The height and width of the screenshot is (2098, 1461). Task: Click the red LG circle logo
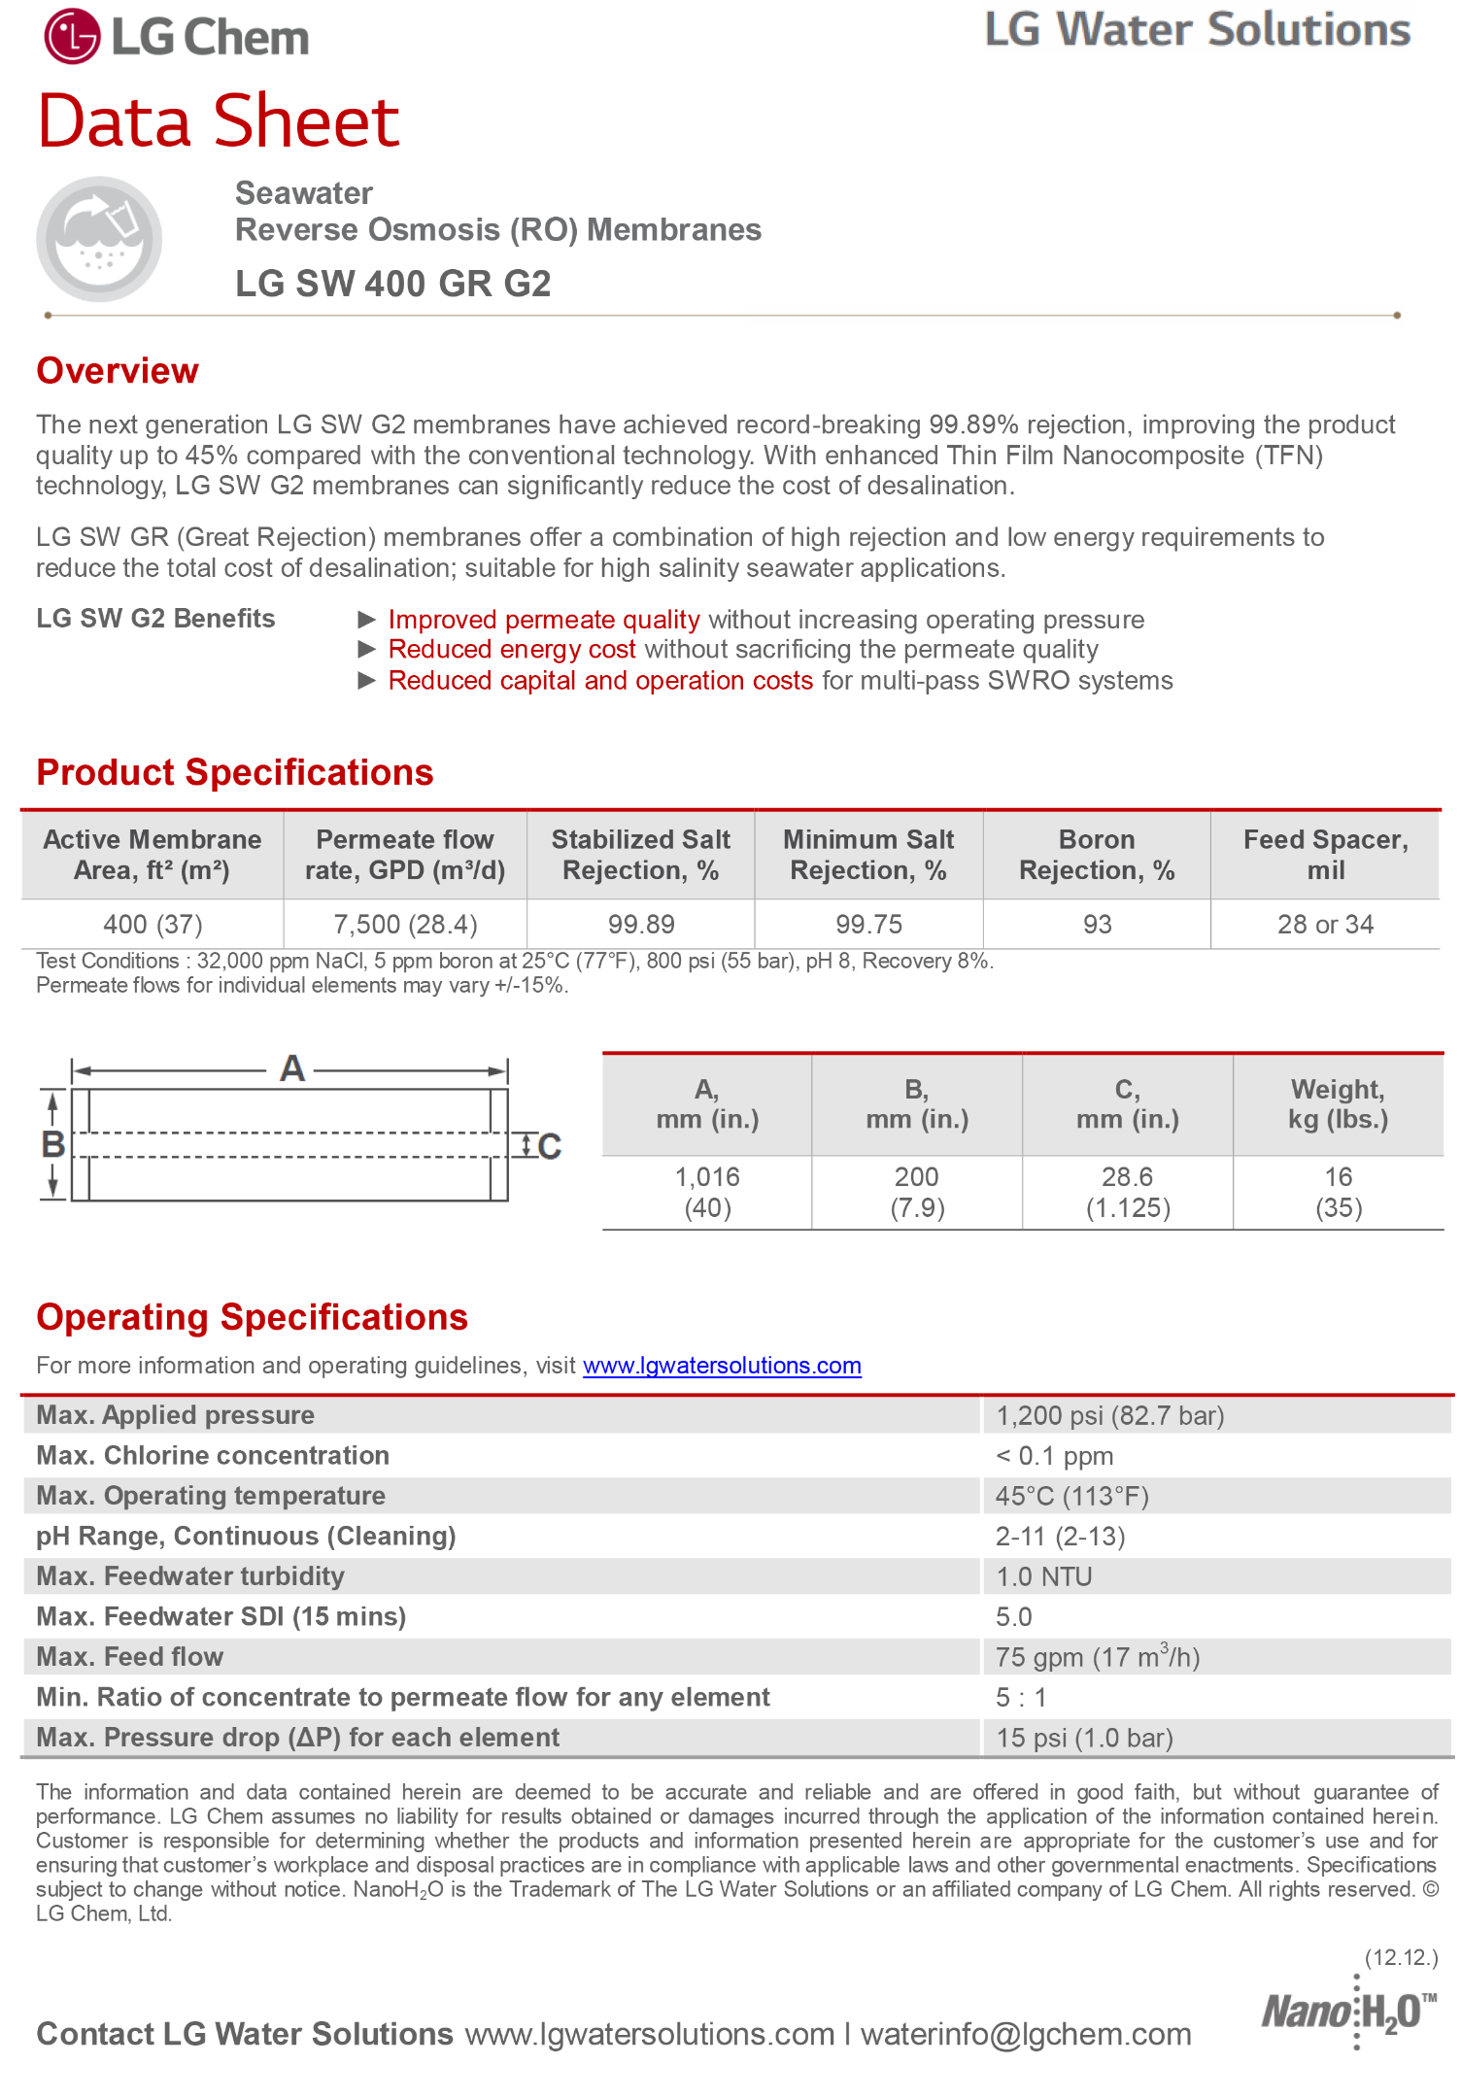72,37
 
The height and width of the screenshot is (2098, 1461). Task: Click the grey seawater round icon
99,239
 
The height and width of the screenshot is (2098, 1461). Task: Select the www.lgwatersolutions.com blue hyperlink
722,1366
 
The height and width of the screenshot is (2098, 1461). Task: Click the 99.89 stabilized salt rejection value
641,924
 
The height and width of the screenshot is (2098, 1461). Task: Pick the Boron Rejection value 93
1097,924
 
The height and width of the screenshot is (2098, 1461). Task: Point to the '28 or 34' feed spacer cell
1325,924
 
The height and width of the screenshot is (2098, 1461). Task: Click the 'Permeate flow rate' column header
405,855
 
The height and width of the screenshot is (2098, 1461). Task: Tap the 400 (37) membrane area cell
153,924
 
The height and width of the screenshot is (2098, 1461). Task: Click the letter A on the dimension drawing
291,1069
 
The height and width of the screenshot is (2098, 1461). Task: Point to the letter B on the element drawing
52,1144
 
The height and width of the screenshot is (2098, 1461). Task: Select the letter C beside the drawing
550,1147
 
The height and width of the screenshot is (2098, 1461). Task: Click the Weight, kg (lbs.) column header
1338,1104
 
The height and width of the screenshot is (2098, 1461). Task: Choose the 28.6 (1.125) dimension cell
1127,1192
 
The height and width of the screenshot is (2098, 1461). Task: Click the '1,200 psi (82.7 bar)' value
1109,1416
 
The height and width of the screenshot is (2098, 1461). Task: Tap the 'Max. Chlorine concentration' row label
213,1456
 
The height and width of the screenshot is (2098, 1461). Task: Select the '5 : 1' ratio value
1021,1698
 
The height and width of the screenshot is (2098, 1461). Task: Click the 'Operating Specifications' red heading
253,1318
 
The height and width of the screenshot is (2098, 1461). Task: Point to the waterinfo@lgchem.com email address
1026,2035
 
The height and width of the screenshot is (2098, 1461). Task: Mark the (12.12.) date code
1401,1957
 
